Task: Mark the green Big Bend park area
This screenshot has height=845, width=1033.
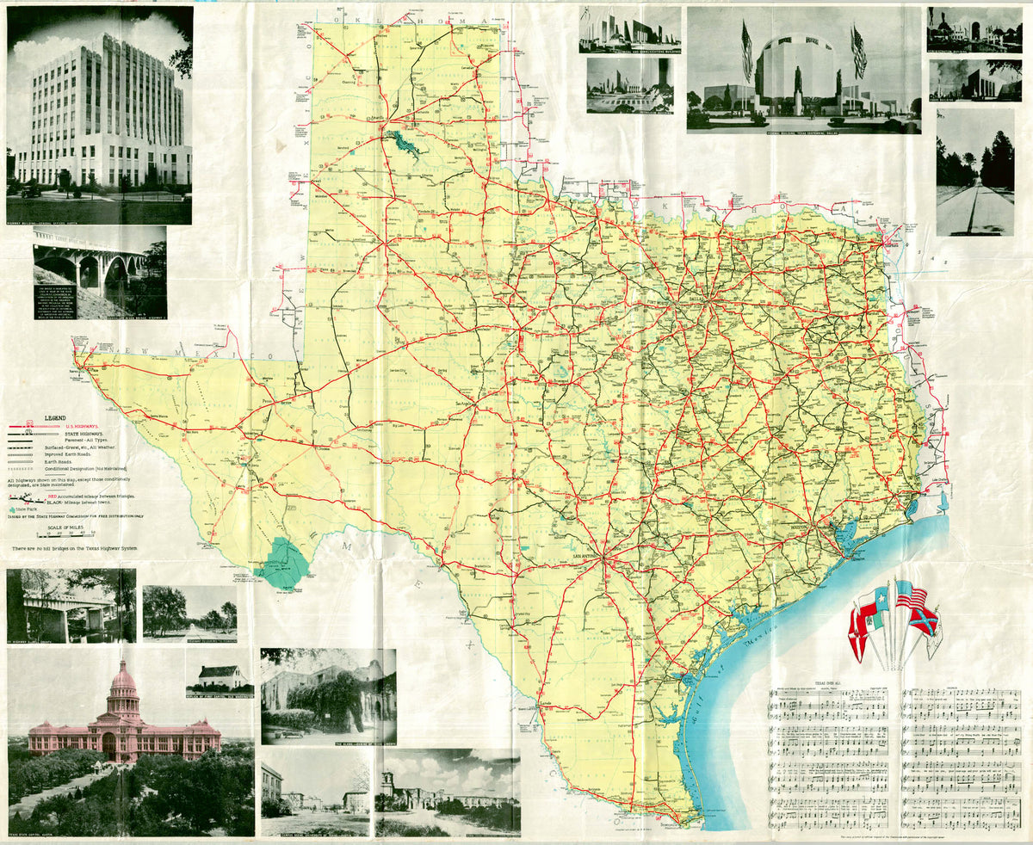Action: (282, 564)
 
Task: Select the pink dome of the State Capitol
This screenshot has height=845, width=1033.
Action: (123, 680)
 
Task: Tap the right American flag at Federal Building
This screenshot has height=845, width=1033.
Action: (858, 52)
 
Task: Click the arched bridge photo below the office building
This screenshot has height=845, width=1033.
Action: (99, 271)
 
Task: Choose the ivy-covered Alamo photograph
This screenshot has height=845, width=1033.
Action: (328, 695)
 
